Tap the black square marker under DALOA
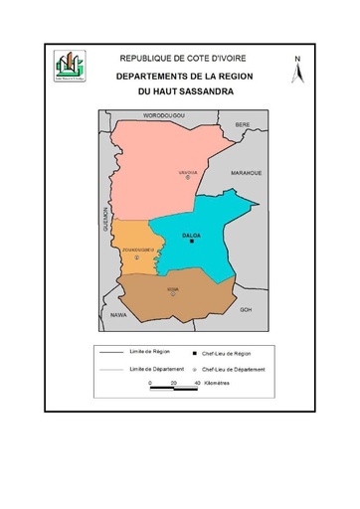tap(192, 242)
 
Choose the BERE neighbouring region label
tap(243, 123)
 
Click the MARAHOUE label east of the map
tap(246, 172)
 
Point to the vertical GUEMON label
tap(104, 219)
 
